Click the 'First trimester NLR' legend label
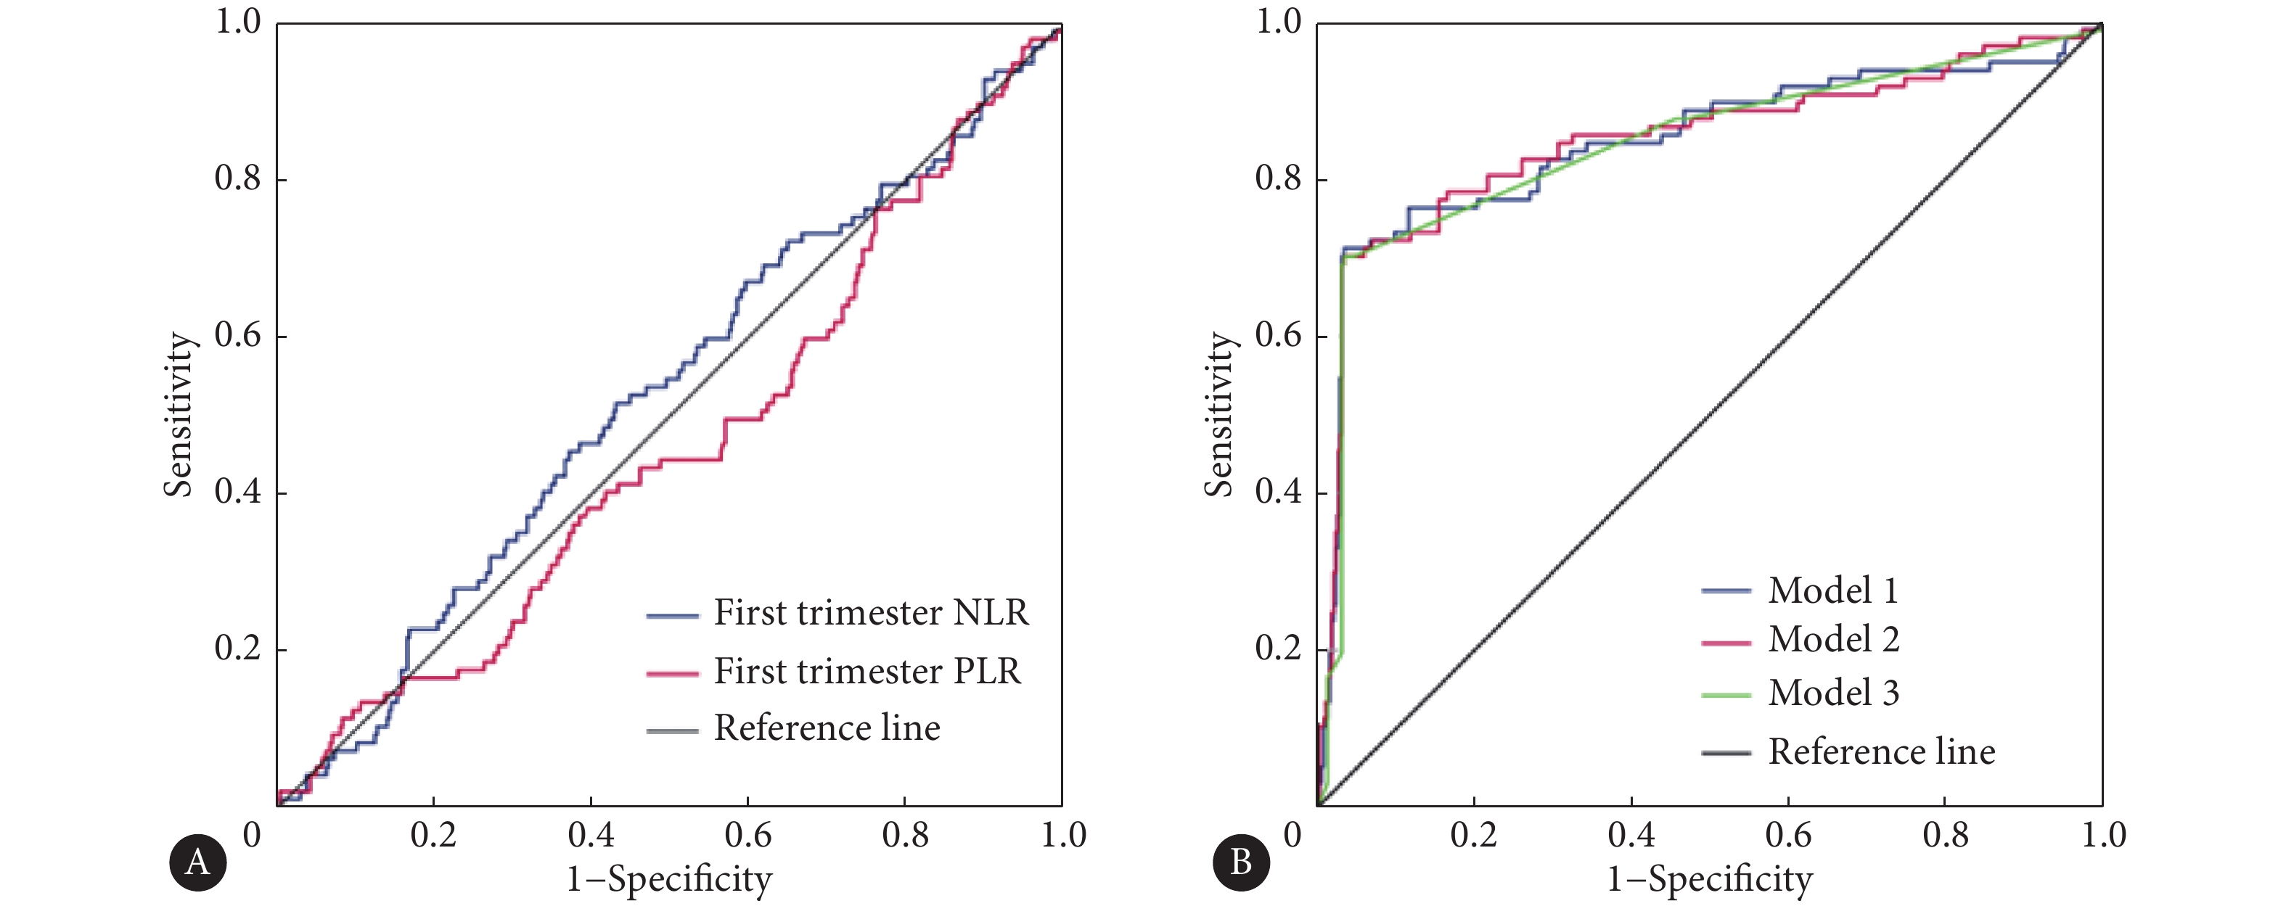[x=871, y=613]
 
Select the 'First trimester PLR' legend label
[x=867, y=672]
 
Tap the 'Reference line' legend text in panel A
[x=827, y=728]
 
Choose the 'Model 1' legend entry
[x=1832, y=591]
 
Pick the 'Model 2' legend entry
[x=1833, y=640]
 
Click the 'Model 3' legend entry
[x=1833, y=693]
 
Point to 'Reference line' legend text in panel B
[x=1881, y=752]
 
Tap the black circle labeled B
[x=1241, y=862]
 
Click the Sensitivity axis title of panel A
[x=178, y=414]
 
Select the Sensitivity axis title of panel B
[x=1218, y=414]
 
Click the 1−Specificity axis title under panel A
[x=669, y=879]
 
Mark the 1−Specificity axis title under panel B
[x=1710, y=879]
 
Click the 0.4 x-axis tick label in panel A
[x=591, y=835]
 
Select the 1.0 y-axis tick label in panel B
[x=1278, y=22]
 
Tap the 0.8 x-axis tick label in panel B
[x=1945, y=835]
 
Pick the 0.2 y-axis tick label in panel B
[x=1278, y=648]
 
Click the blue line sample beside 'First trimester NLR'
[x=672, y=615]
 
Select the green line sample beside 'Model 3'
[x=1726, y=695]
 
